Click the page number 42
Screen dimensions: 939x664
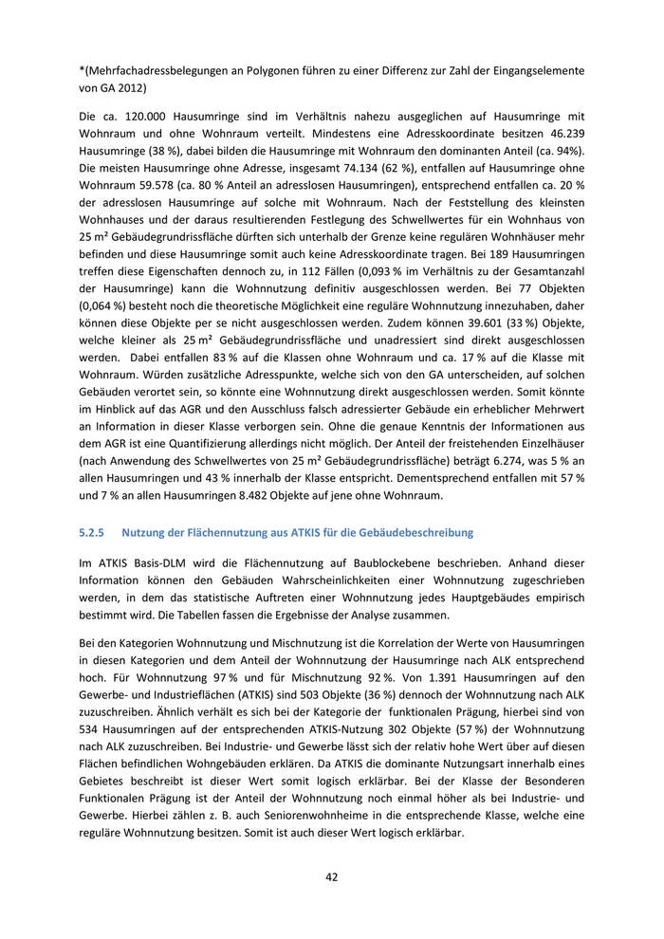click(331, 877)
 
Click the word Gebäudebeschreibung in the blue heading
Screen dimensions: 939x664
click(417, 533)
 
